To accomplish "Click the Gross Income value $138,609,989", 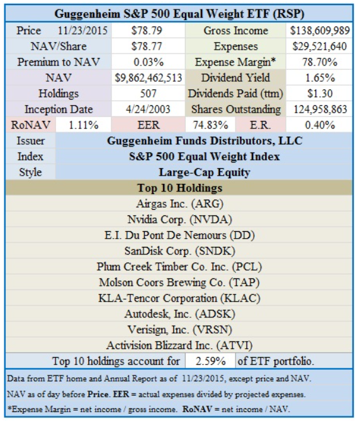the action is click(x=320, y=31).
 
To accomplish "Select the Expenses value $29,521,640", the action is click(x=320, y=46).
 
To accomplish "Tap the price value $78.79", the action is click(x=147, y=31).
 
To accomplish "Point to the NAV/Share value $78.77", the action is click(x=147, y=46).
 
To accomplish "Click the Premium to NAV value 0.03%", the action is click(x=149, y=62).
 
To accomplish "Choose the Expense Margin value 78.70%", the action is click(x=320, y=62).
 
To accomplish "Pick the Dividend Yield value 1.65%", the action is click(x=320, y=77).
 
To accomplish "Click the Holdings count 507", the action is click(x=148, y=94).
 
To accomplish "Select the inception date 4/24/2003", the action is click(x=148, y=109).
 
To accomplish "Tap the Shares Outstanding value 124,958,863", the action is click(x=320, y=109).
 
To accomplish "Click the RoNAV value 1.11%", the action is click(x=84, y=125).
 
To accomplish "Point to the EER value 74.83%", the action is click(x=210, y=125).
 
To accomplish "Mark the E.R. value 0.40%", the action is click(x=320, y=125).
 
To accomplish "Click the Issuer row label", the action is click(x=31, y=140).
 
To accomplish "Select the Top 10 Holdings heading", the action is click(x=180, y=188).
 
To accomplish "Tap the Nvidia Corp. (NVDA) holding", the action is click(x=179, y=220).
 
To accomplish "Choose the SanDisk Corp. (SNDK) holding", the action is click(x=179, y=251).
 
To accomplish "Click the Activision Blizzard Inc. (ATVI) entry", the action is click(x=179, y=345).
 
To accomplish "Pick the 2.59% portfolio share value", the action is click(x=210, y=361).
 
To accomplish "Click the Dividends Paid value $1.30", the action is click(x=320, y=94).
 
